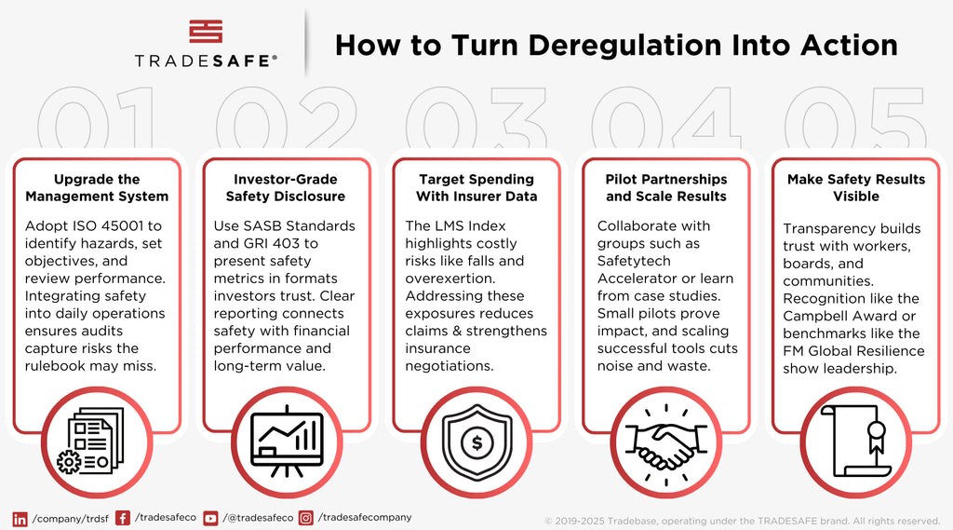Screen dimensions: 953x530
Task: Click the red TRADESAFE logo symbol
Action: click(206, 32)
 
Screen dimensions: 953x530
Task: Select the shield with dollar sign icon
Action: click(477, 443)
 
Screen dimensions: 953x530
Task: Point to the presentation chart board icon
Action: click(287, 442)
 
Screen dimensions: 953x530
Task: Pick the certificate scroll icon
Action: click(856, 441)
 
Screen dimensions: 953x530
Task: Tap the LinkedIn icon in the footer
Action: click(20, 519)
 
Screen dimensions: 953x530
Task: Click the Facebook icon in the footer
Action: click(123, 518)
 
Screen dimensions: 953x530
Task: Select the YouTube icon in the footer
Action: click(210, 519)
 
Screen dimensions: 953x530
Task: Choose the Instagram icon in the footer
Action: click(305, 518)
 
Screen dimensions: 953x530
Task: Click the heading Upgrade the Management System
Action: click(97, 187)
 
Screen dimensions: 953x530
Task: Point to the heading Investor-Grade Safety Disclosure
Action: click(286, 187)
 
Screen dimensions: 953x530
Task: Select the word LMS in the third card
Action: click(450, 225)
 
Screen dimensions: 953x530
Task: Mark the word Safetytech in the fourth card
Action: click(634, 261)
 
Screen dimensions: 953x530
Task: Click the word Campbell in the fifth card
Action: click(814, 317)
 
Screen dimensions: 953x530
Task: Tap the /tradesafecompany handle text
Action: click(365, 517)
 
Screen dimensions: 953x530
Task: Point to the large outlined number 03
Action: click(476, 116)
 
